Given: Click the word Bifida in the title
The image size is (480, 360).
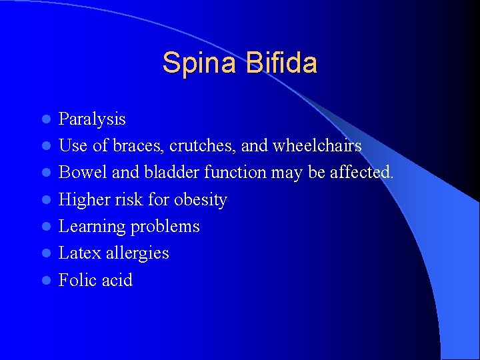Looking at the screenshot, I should (x=281, y=63).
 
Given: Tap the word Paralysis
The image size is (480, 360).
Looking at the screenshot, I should (x=92, y=119).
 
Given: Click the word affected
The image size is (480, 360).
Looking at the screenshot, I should (x=362, y=173).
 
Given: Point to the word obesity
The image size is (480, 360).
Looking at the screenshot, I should (x=201, y=200).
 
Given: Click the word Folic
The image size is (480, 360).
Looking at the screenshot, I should (x=76, y=280).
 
